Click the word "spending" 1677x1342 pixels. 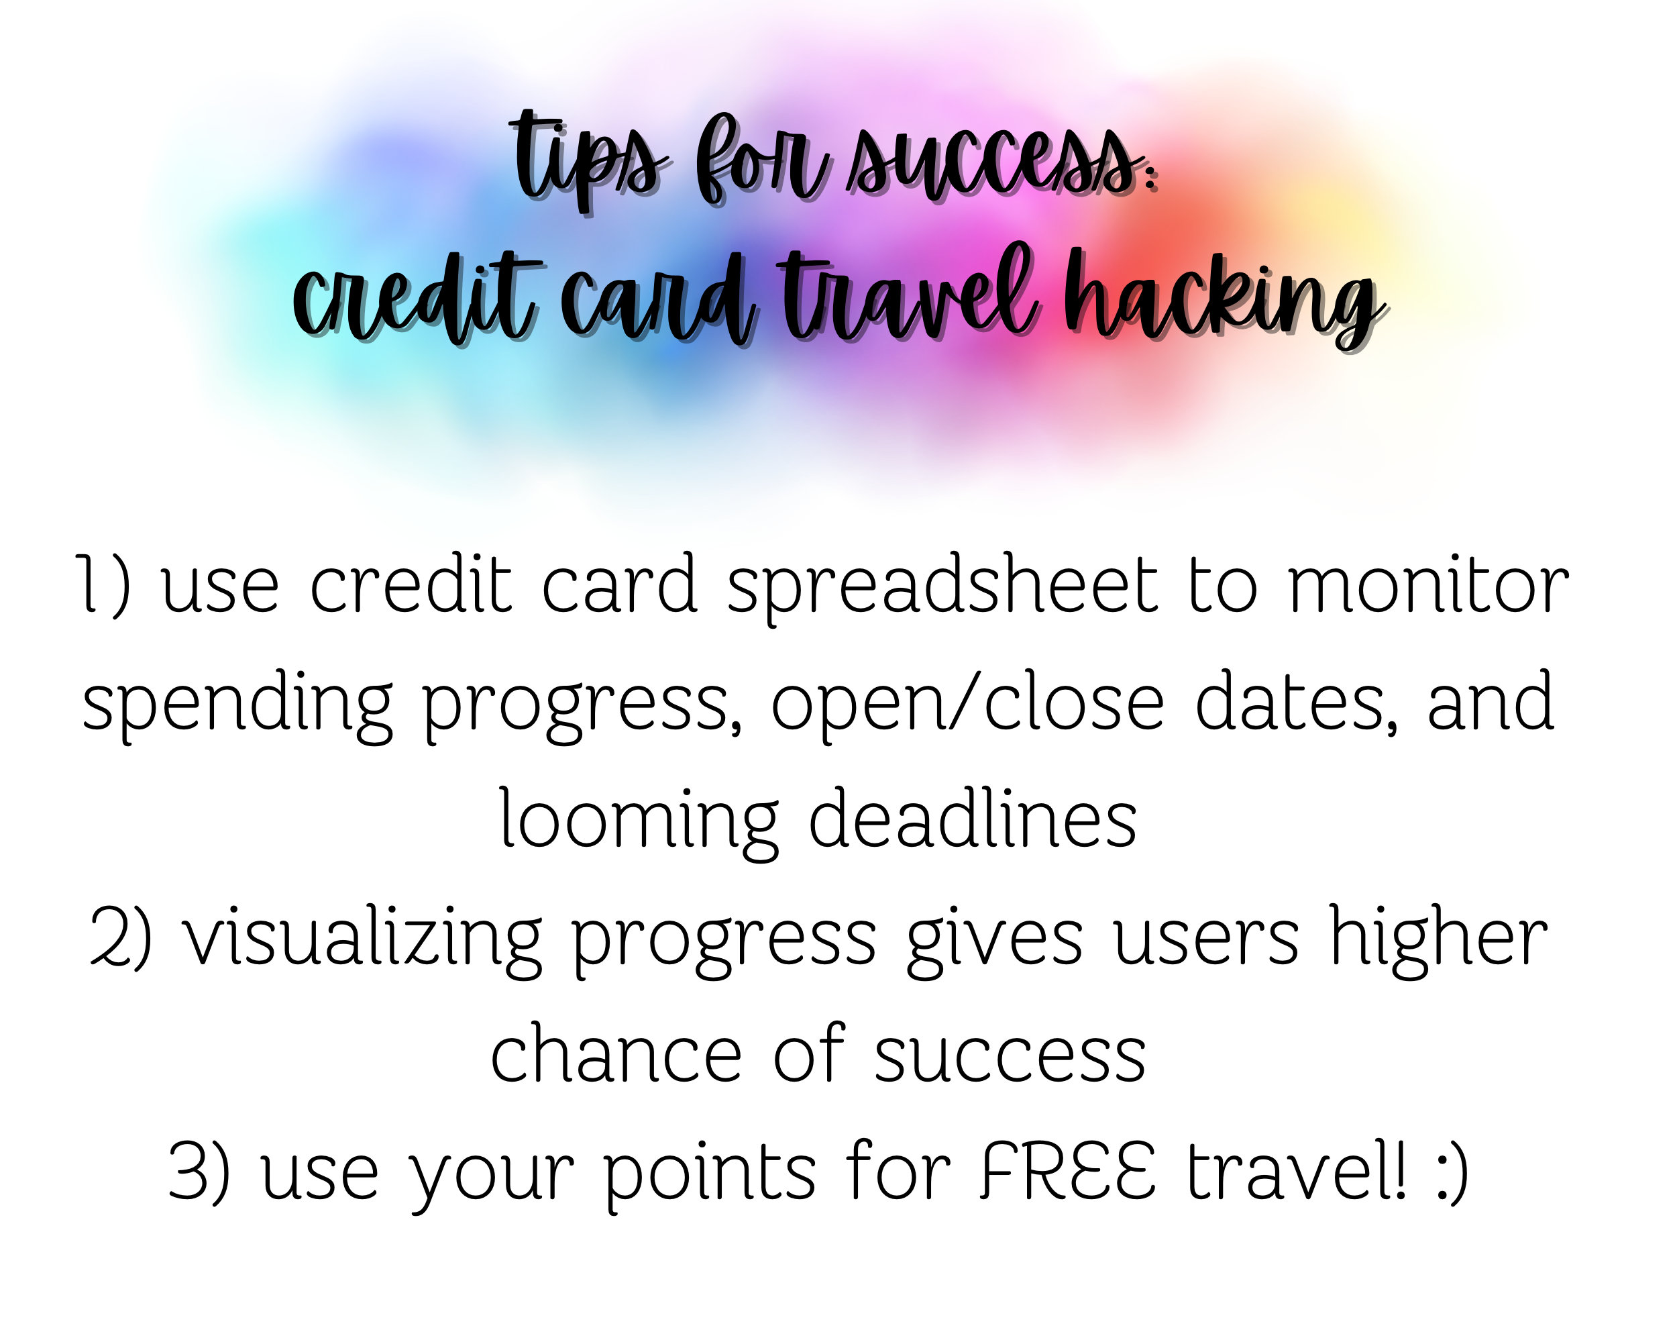(x=237, y=704)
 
